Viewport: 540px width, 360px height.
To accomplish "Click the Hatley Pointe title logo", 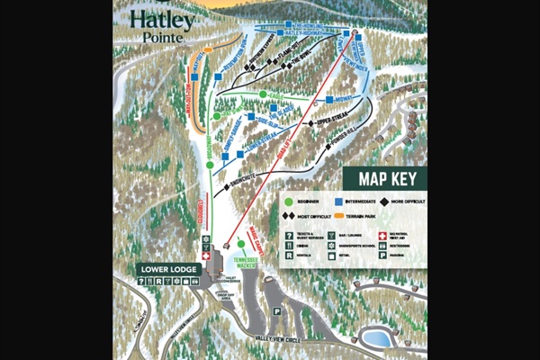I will [x=161, y=26].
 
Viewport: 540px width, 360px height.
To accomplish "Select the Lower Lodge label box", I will [x=166, y=269].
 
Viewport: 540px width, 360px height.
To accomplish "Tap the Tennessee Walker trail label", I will [x=240, y=262].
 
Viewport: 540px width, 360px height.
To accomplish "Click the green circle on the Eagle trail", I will [x=263, y=94].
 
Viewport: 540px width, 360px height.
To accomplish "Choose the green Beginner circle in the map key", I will [x=289, y=202].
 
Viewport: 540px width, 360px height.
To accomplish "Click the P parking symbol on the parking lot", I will [x=277, y=311].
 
